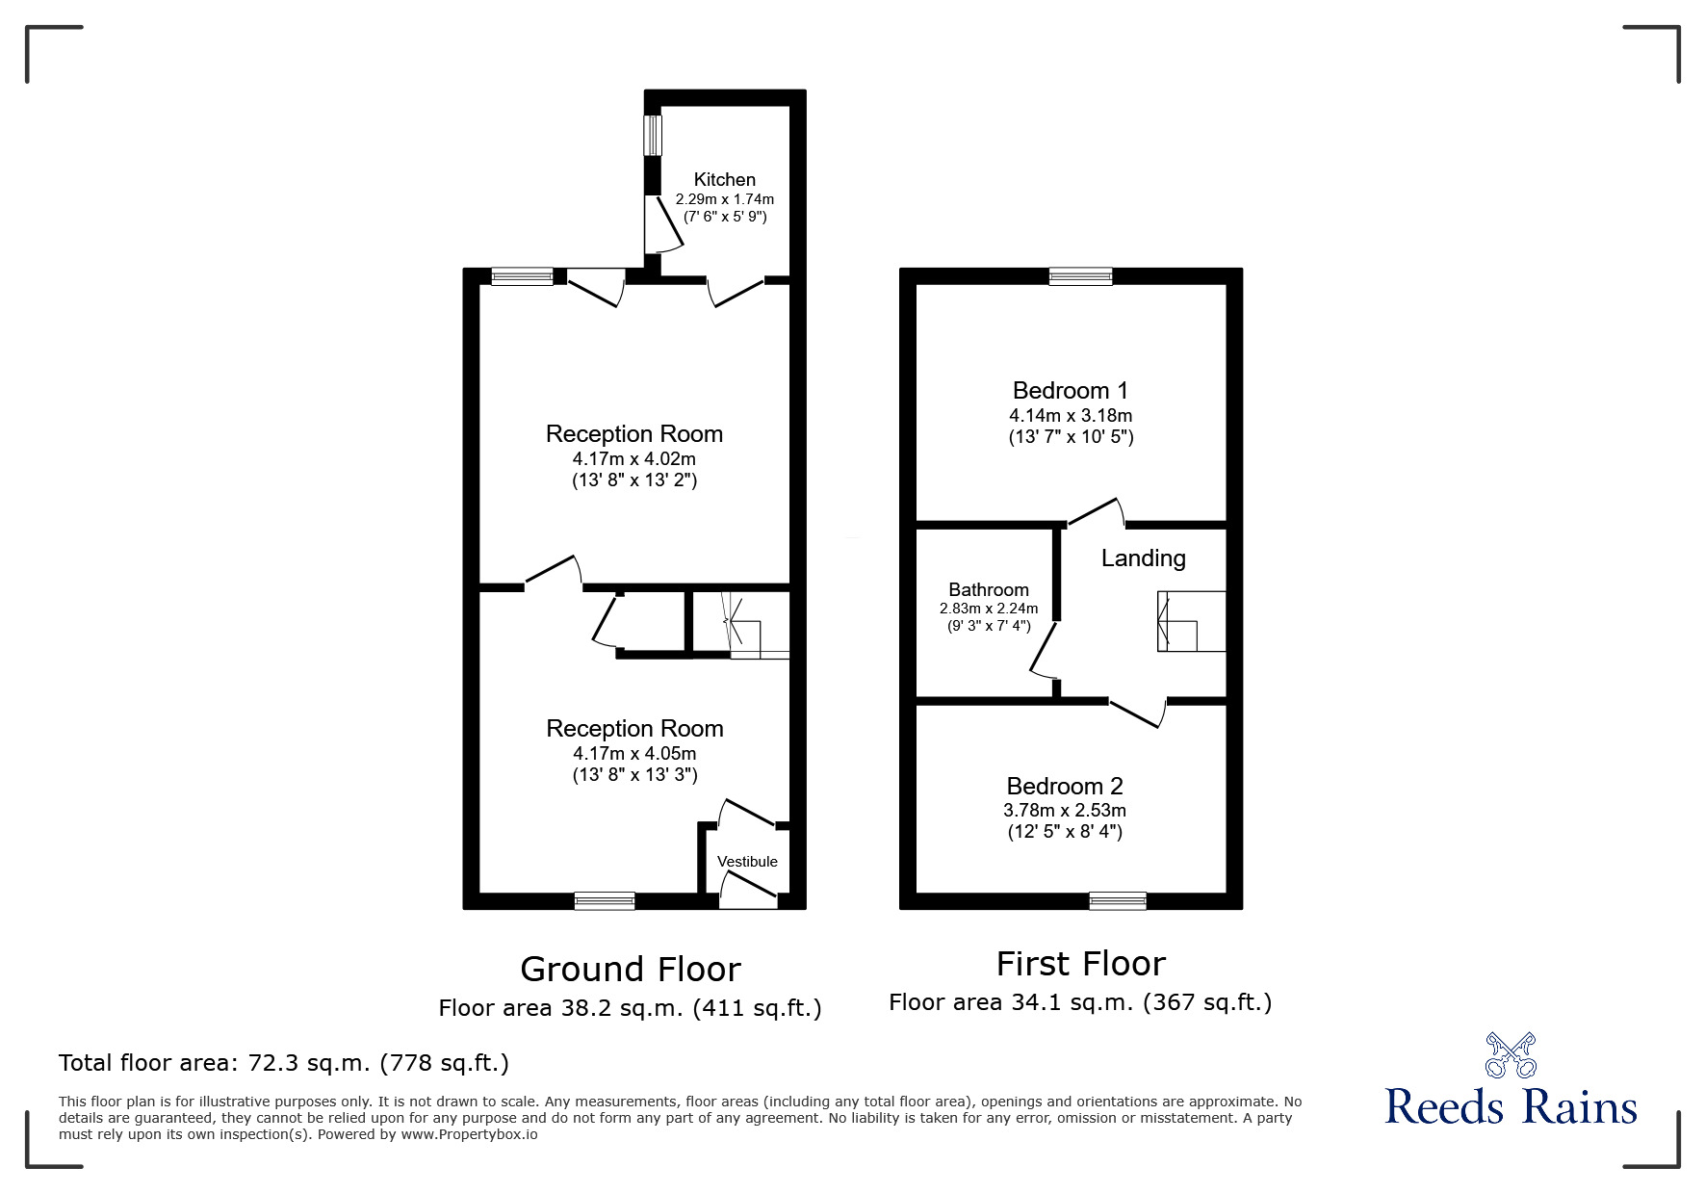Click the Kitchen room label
click(725, 179)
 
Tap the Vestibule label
click(747, 862)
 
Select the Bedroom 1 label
click(1070, 390)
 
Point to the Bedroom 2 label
click(1065, 786)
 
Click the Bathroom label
click(989, 589)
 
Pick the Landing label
click(1143, 558)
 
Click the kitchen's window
click(654, 135)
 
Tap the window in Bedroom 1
click(1080, 276)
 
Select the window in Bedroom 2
click(1118, 900)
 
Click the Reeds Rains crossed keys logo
click(1511, 1055)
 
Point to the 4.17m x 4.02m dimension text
click(634, 459)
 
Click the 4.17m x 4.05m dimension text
click(634, 754)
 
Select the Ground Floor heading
click(631, 969)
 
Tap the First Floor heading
click(1080, 963)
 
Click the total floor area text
click(284, 1063)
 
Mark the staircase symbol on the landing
click(1191, 621)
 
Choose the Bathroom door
click(1044, 650)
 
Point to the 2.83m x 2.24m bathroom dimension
click(989, 609)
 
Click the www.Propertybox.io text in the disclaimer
click(469, 1134)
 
